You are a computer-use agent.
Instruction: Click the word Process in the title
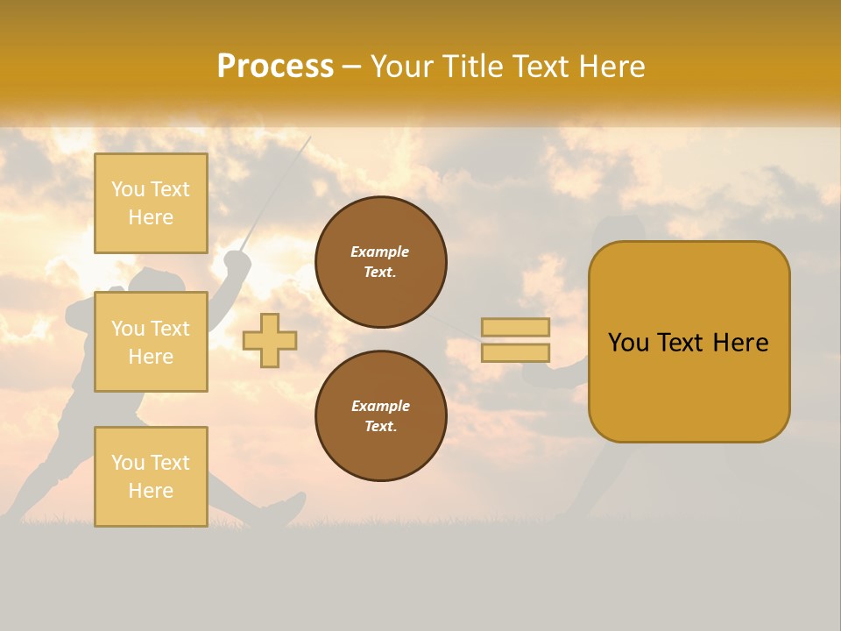(x=275, y=67)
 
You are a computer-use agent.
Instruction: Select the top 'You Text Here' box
(x=151, y=203)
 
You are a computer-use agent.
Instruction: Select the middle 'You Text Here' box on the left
(x=151, y=342)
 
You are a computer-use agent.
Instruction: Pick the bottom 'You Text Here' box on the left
(x=151, y=476)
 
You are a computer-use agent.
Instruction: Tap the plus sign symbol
(x=270, y=340)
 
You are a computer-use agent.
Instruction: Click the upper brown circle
(x=381, y=262)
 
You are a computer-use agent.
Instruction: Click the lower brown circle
(x=381, y=415)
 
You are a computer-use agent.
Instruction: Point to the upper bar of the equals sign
(x=516, y=327)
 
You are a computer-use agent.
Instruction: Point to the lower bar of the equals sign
(x=516, y=352)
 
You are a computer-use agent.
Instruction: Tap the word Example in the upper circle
(x=380, y=252)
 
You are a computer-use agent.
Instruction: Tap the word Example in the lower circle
(x=380, y=406)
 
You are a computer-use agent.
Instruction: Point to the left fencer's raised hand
(x=236, y=260)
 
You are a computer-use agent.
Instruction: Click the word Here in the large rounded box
(x=740, y=343)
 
